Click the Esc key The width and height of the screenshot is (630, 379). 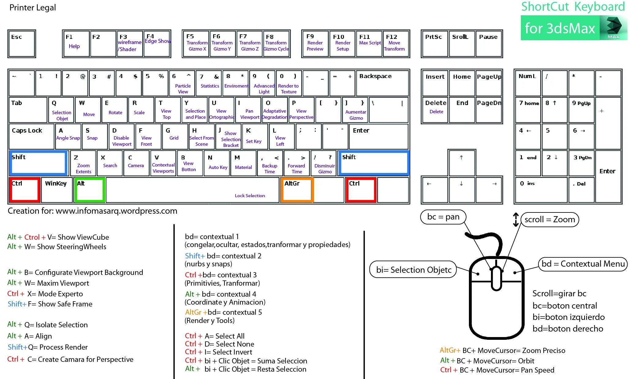point(21,44)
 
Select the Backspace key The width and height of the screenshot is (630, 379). point(382,83)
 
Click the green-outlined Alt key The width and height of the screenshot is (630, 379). point(89,190)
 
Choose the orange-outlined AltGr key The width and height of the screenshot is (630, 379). point(296,190)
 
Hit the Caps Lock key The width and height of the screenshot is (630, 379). point(31,136)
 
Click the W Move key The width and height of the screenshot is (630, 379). point(88,110)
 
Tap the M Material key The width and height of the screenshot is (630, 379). point(243,163)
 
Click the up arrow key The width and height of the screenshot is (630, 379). point(461,162)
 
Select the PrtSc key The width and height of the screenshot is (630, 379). point(434,44)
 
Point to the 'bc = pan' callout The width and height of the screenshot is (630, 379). point(443,217)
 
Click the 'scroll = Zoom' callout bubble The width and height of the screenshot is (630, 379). point(549,220)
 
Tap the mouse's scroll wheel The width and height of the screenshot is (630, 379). point(496,277)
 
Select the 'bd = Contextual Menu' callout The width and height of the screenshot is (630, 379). point(583,264)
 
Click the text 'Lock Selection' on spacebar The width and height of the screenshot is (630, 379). point(250,196)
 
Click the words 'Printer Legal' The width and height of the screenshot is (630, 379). point(33,8)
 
